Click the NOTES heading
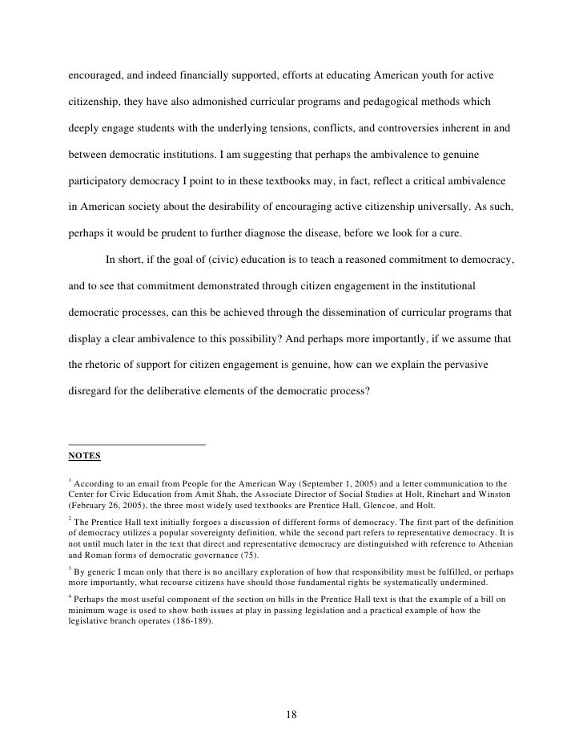(x=84, y=456)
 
